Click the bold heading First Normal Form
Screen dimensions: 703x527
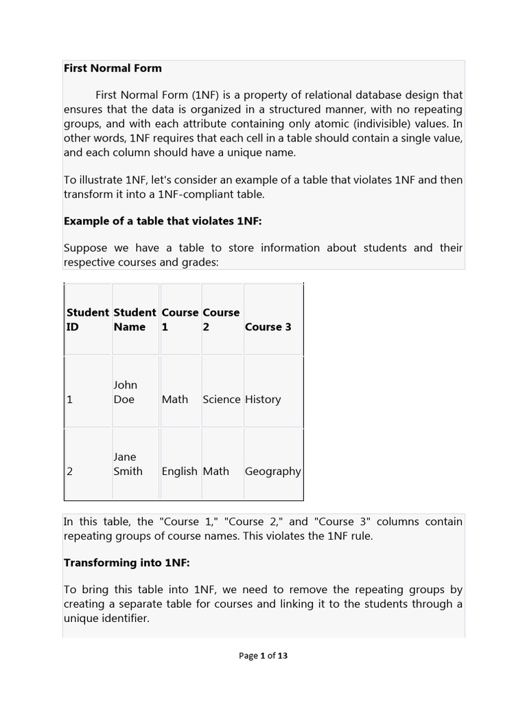click(x=113, y=68)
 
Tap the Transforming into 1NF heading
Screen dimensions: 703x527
click(x=126, y=562)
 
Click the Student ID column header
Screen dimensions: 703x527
click(x=87, y=319)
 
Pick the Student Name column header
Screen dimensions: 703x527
click(x=135, y=319)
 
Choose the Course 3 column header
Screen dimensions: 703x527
click(x=268, y=327)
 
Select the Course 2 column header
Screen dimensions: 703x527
click(x=221, y=319)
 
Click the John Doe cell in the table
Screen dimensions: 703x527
click(x=125, y=392)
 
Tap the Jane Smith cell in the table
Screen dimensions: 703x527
click(x=128, y=464)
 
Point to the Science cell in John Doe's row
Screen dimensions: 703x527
click(x=222, y=400)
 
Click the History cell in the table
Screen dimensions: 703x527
click(x=263, y=400)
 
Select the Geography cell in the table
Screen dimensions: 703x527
click(x=272, y=472)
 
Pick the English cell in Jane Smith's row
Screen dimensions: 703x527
click(x=179, y=472)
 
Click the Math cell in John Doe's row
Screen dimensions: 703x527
click(x=174, y=400)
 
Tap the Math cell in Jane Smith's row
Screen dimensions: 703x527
click(x=216, y=472)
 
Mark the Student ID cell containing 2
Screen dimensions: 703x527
click(x=70, y=472)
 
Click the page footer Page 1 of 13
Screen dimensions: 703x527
click(x=263, y=656)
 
